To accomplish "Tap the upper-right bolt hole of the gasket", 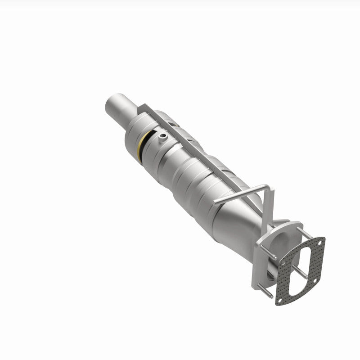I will click(x=320, y=243).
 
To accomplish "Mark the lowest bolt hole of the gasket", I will click(x=280, y=301).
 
